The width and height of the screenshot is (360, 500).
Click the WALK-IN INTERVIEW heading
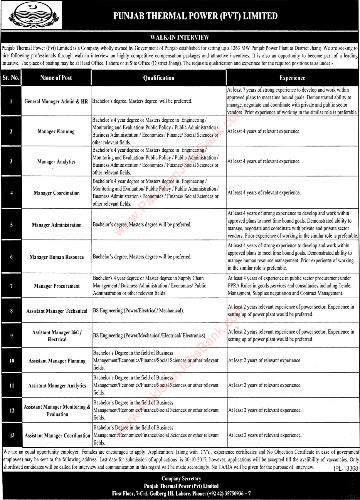tap(180, 37)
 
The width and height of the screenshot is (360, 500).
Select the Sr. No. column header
tap(11, 78)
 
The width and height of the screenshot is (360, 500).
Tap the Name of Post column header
tap(56, 78)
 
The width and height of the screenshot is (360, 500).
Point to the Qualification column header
tap(158, 78)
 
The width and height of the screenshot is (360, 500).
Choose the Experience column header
tap(292, 78)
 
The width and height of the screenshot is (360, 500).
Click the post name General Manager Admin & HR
tap(56, 102)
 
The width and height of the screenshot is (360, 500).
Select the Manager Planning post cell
tap(56, 132)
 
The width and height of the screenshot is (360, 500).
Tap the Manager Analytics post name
tap(56, 162)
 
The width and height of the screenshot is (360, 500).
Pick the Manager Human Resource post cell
tap(56, 257)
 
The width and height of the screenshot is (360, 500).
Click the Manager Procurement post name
tap(56, 286)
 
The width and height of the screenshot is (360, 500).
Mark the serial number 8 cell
tap(11, 311)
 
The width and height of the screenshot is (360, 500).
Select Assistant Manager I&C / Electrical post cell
tap(57, 336)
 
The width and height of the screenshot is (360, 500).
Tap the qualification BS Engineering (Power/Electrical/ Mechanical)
tap(138, 310)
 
